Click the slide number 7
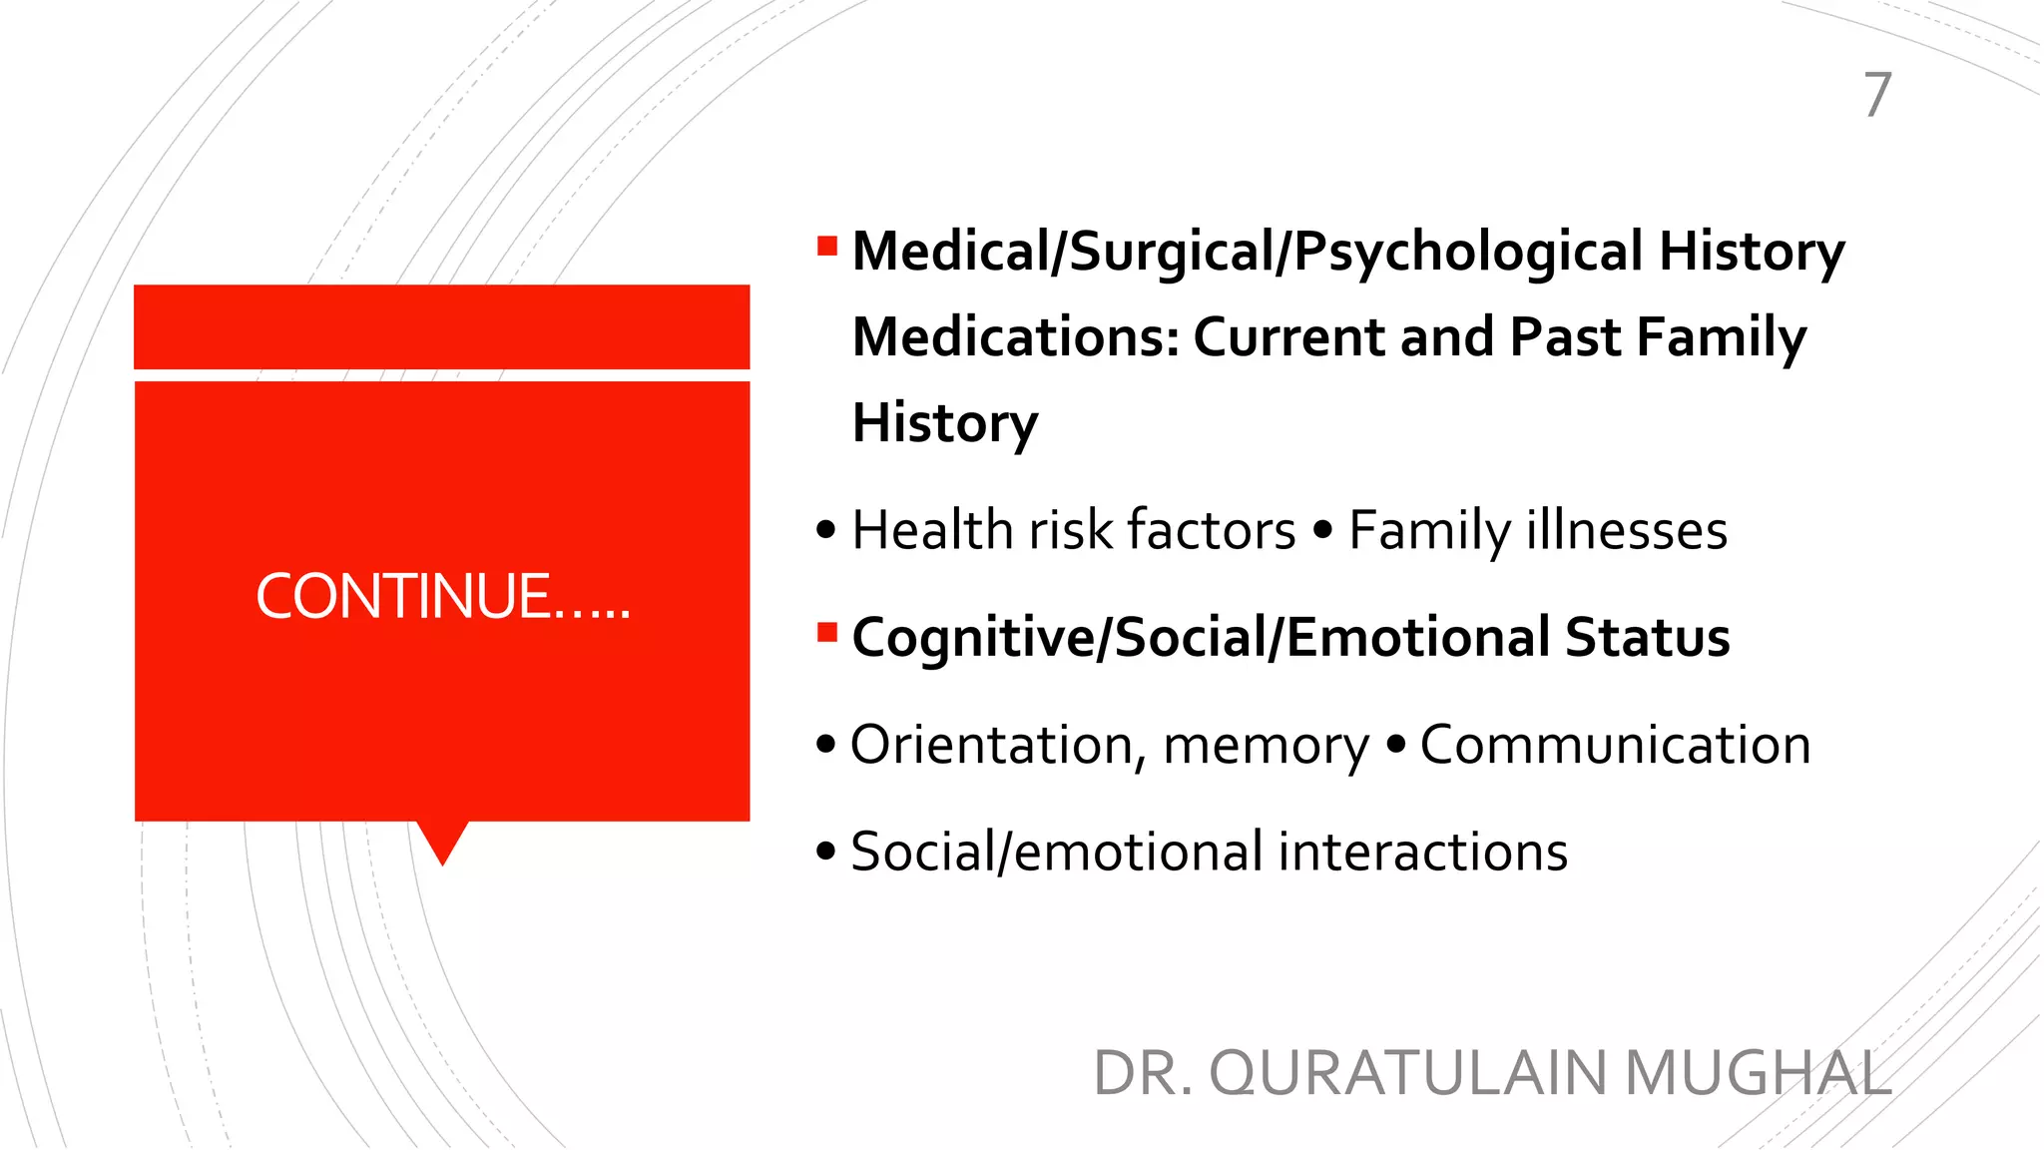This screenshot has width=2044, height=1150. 1877,95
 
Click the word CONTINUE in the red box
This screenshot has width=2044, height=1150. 402,597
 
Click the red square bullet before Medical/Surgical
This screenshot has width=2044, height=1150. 826,246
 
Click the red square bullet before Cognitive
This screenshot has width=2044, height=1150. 826,632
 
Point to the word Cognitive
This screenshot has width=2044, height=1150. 973,639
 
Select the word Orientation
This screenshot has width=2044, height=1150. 991,745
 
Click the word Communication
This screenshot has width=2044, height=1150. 1615,745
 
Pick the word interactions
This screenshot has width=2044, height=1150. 1422,853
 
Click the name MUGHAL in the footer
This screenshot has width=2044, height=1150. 1758,1073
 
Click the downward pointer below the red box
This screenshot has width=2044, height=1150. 442,842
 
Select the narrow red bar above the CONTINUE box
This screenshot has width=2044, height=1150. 442,326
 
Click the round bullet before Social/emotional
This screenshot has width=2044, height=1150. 825,853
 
